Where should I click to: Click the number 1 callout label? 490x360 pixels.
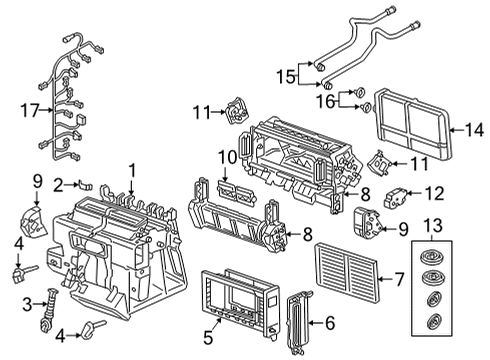point(130,170)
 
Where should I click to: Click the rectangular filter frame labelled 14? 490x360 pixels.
point(413,118)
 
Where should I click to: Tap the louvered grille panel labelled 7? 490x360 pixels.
point(348,270)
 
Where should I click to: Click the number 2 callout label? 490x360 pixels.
point(59,183)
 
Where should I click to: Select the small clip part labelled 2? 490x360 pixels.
point(87,184)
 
